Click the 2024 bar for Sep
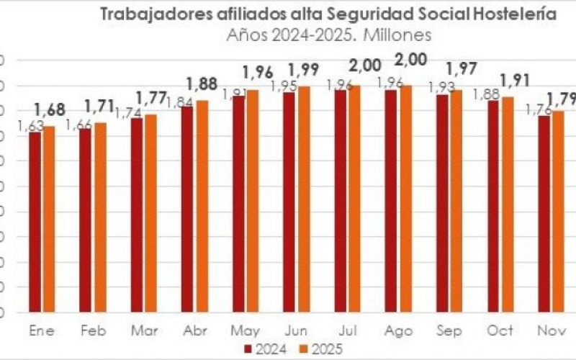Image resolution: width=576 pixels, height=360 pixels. (x=442, y=203)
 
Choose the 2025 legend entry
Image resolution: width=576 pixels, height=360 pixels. (x=318, y=350)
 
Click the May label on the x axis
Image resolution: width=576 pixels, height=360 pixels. (x=246, y=330)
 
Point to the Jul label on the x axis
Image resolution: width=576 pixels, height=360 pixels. (x=348, y=330)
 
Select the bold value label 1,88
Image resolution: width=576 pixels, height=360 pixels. (x=202, y=84)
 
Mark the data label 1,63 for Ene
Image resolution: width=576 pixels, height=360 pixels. (x=30, y=126)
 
